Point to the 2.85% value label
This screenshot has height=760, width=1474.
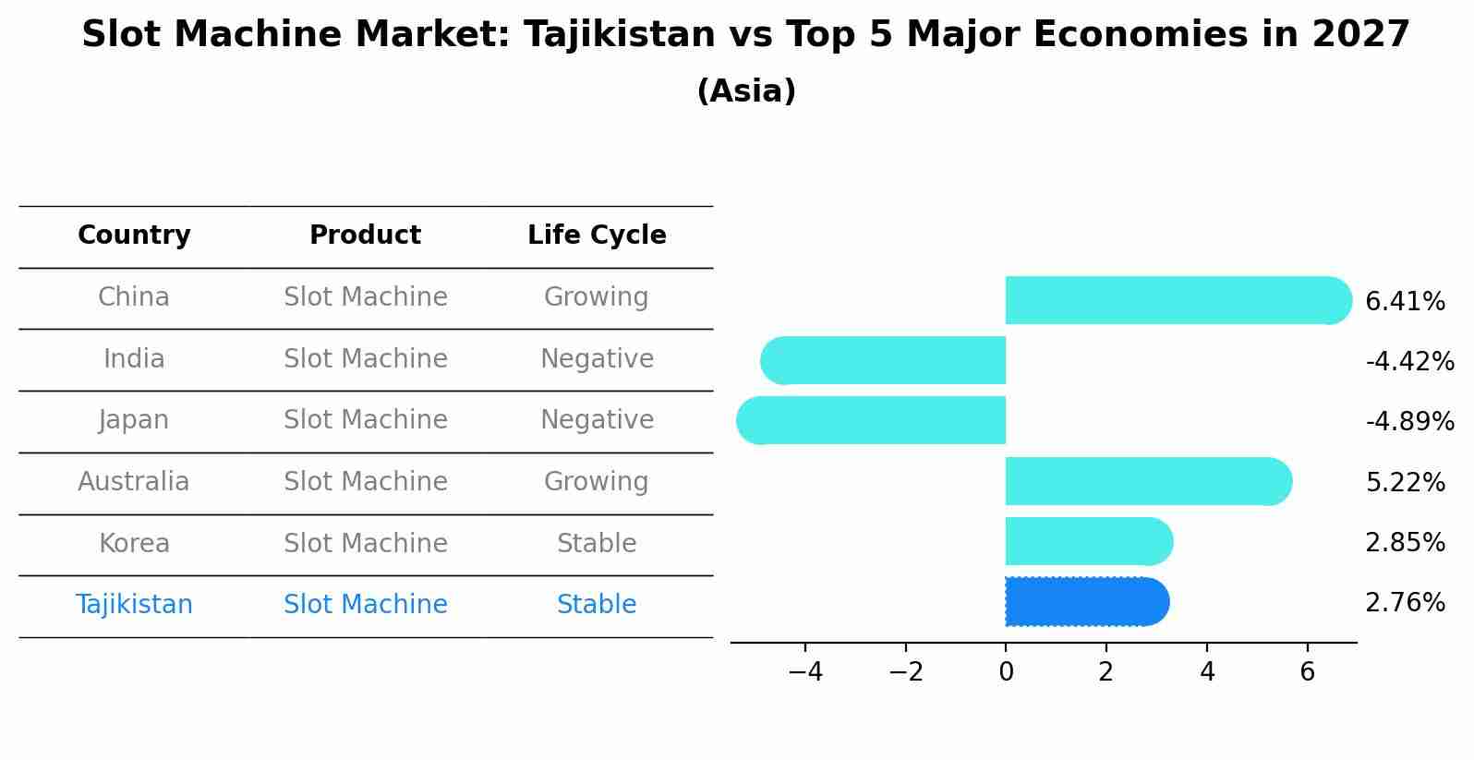pos(1405,543)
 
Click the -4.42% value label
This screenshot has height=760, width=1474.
pos(1409,361)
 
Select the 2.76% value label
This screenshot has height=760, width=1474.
pos(1405,603)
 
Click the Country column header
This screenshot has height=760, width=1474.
pos(134,235)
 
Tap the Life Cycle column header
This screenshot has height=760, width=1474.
pos(597,235)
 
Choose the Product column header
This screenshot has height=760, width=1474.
pos(365,235)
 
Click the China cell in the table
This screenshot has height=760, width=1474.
pos(134,297)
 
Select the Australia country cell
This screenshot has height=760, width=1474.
pos(134,482)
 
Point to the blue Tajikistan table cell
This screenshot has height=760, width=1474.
pos(134,605)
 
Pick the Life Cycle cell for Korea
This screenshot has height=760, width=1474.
pos(597,544)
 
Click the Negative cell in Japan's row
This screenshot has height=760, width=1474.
pos(597,420)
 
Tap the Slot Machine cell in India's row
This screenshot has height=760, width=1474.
pos(365,359)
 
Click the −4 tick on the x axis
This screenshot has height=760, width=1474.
pos(805,672)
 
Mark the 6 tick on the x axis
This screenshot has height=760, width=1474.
pos(1307,672)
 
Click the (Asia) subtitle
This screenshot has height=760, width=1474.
pos(746,91)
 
